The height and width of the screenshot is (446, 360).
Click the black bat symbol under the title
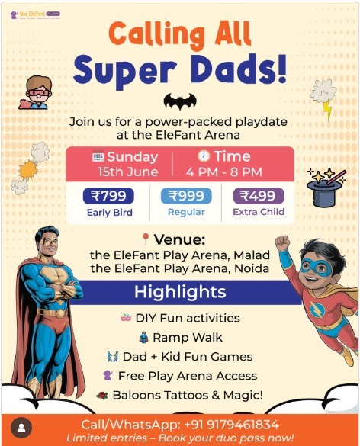180,101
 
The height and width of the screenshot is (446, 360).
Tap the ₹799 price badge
108,196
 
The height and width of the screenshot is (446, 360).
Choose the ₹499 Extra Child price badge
258,196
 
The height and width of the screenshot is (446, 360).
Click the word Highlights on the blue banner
180,292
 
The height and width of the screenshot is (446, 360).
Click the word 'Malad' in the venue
248,255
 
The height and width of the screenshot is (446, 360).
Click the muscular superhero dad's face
47,245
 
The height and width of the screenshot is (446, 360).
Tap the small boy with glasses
36,91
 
